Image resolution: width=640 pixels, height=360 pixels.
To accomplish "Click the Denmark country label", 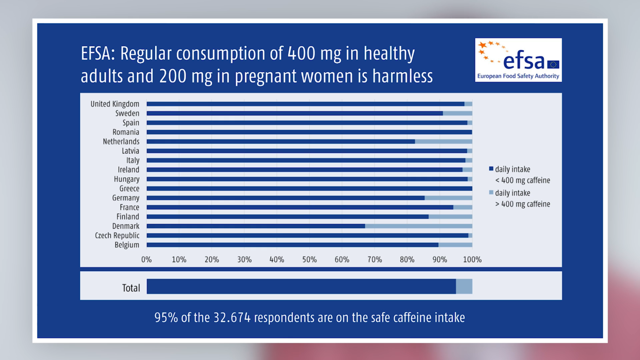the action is coord(126,226).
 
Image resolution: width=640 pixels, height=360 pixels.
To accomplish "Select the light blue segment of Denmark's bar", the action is coord(419,226).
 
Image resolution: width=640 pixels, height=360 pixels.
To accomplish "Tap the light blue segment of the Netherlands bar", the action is coord(444,141).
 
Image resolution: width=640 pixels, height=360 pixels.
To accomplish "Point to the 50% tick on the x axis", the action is coord(309,260).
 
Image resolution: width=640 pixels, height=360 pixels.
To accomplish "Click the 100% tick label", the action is coord(472,260).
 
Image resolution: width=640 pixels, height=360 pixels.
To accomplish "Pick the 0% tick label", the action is coord(146,260).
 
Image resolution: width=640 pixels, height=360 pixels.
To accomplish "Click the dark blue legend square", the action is coord(491,169).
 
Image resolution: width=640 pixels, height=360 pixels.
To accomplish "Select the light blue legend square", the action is coord(491,192).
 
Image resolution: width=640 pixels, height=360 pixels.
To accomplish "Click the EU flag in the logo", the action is coord(553,64).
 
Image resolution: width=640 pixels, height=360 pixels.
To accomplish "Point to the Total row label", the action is coord(131,288).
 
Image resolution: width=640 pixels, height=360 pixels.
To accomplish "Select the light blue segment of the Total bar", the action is coord(464,286).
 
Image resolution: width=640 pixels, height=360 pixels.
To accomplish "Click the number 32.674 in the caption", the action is coord(232,318).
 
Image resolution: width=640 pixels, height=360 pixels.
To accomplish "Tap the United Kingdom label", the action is coord(115,104).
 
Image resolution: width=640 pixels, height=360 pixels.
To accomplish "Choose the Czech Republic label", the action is coord(117,235).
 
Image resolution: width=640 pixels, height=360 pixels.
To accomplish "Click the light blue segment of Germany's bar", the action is coord(448,198).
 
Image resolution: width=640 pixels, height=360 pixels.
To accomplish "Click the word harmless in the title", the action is coord(403,76).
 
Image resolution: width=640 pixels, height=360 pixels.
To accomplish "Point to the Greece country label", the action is coord(129,189).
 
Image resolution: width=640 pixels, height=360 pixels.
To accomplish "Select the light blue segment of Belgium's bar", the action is coord(455,245).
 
